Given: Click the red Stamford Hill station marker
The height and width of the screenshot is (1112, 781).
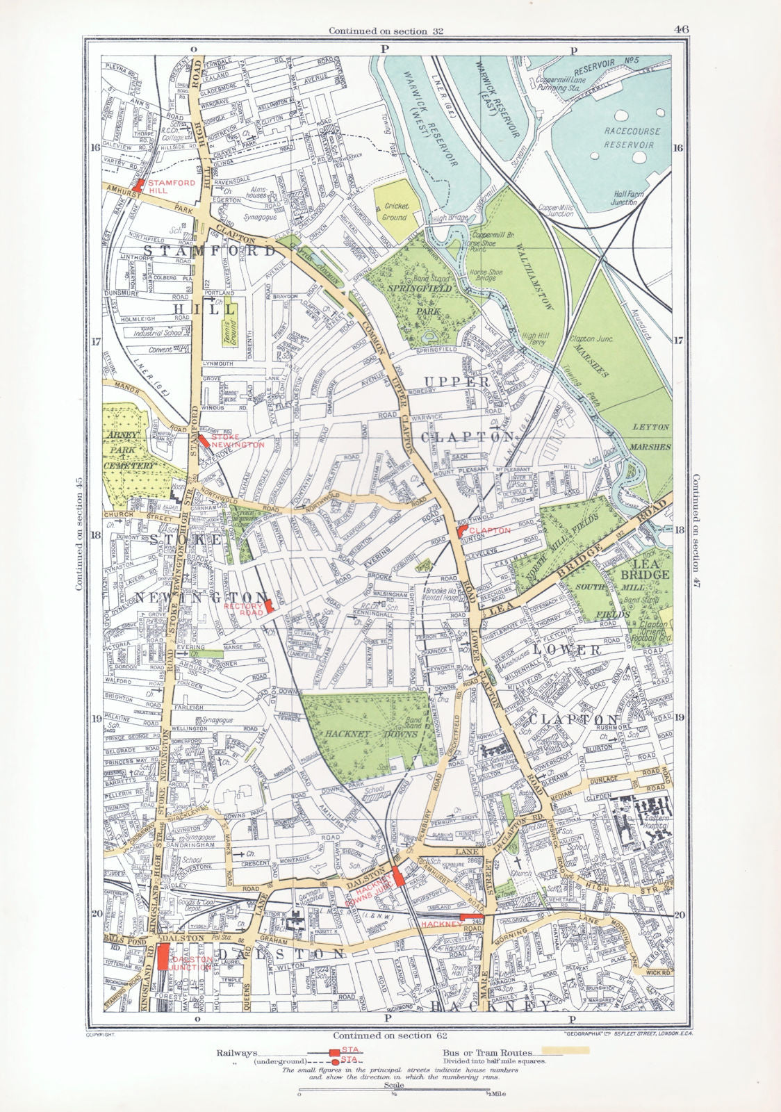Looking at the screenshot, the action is [x=139, y=185].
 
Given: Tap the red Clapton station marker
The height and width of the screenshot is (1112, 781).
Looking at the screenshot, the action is [x=461, y=530].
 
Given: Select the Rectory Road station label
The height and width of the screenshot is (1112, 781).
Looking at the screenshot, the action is [x=245, y=609].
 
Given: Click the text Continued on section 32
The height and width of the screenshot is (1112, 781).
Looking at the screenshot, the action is [x=386, y=31].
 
